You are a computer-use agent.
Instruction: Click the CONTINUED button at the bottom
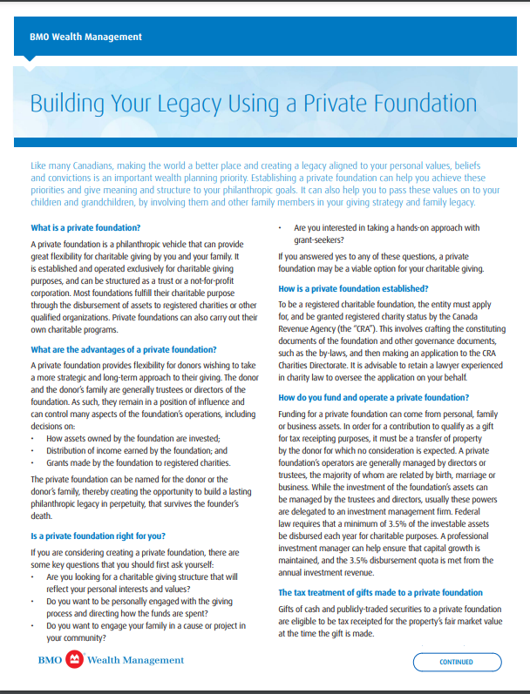(456, 662)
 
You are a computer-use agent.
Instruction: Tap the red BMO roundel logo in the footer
(75, 660)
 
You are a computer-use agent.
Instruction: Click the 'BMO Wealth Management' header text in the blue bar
(85, 37)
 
